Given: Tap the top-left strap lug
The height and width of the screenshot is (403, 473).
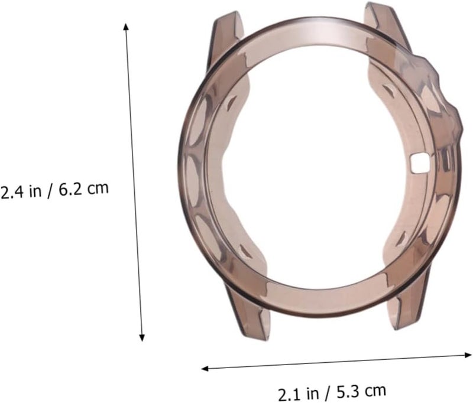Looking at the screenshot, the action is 226,39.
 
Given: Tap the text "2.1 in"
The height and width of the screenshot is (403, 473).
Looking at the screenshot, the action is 298,394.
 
